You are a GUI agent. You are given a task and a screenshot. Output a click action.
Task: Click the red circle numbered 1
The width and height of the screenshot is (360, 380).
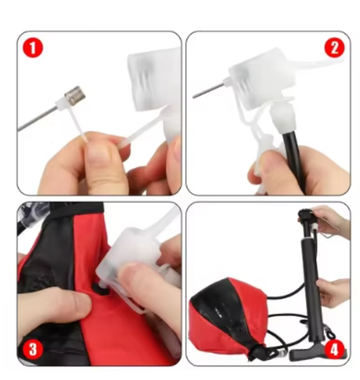tap(33, 47)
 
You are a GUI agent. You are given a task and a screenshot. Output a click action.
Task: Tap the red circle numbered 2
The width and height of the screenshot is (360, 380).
tap(334, 47)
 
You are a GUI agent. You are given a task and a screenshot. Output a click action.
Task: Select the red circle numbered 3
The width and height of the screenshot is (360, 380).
tap(33, 349)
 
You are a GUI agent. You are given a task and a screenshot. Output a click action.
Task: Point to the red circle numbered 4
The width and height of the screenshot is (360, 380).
tap(334, 349)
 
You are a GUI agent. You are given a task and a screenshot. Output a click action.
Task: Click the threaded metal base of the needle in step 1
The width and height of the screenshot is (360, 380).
tap(75, 96)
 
